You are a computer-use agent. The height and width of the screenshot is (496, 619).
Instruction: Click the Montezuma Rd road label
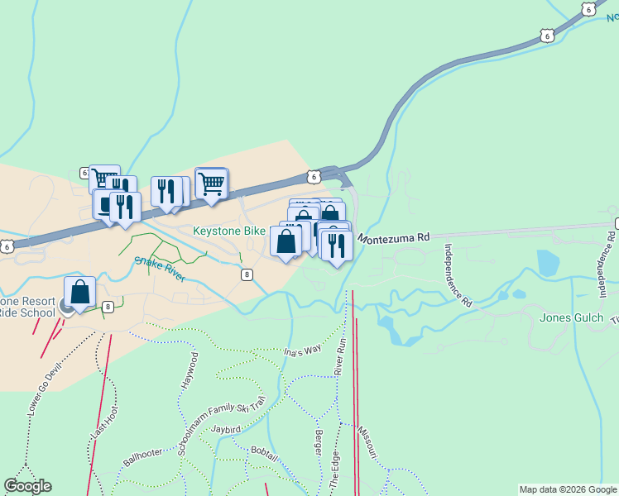tap(394, 237)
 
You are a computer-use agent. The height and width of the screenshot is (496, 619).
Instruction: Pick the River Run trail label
tap(339, 356)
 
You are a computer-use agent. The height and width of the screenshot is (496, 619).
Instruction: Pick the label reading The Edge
tap(335, 468)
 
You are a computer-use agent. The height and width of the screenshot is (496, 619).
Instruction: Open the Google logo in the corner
tap(27, 486)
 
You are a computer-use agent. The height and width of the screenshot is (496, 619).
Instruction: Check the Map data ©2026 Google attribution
tap(568, 489)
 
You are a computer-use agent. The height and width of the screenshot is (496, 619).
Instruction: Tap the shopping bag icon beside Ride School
tap(79, 291)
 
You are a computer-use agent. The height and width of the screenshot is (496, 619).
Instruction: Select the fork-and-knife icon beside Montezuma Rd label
tap(336, 246)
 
